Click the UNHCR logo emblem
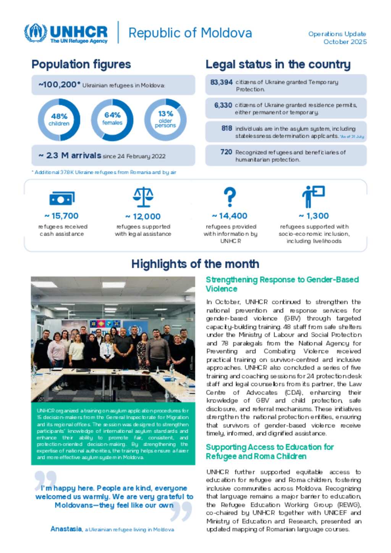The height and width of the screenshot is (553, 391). pyautogui.click(x=36, y=33)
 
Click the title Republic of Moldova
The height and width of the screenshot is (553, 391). pyautogui.click(x=190, y=33)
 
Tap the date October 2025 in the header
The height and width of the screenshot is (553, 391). pyautogui.click(x=345, y=42)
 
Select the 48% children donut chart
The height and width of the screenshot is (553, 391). pyautogui.click(x=59, y=119)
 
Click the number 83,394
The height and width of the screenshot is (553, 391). pyautogui.click(x=221, y=82)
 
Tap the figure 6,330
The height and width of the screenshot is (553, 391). pyautogui.click(x=223, y=105)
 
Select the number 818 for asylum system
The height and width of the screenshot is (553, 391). pyautogui.click(x=226, y=129)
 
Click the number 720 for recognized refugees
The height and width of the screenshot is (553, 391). pyautogui.click(x=226, y=152)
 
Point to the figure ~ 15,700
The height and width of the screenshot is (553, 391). pyautogui.click(x=61, y=216)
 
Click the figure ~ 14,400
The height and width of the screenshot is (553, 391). pyautogui.click(x=229, y=216)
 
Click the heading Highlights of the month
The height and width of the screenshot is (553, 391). pyautogui.click(x=195, y=264)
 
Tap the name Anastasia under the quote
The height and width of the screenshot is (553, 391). pyautogui.click(x=66, y=529)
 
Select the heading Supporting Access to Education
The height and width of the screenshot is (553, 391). pyautogui.click(x=270, y=451)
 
